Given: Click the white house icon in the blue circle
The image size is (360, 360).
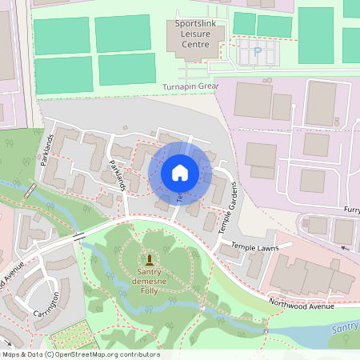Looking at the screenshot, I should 179,173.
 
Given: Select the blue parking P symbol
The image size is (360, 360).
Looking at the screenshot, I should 257,52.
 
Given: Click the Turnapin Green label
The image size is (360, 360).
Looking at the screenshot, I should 190,86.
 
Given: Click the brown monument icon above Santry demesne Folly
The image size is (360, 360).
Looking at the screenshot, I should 149,259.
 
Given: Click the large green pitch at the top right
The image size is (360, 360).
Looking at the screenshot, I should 315,36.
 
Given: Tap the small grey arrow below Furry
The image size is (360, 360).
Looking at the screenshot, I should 345,248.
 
